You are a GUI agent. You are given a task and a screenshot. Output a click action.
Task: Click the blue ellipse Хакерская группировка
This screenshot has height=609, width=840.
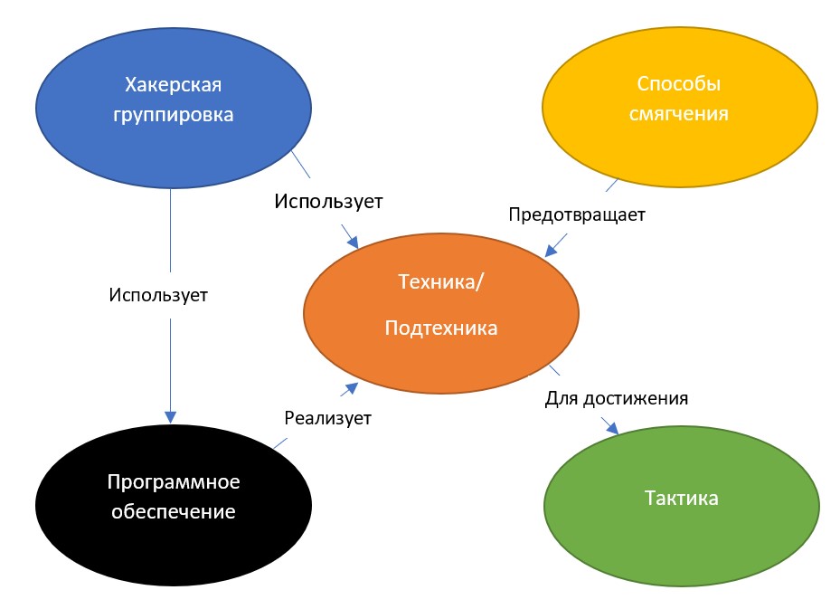point(173,108)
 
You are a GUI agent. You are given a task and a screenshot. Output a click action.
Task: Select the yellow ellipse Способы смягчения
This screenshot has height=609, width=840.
point(680,107)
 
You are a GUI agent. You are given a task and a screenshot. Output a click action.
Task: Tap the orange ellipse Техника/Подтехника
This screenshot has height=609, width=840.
point(441,313)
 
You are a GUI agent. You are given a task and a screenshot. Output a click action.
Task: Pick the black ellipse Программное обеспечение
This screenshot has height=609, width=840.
point(173,504)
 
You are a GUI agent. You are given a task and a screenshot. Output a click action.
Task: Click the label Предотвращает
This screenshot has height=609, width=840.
point(577,214)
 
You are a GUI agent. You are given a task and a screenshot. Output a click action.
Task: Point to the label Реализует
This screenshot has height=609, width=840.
point(327,418)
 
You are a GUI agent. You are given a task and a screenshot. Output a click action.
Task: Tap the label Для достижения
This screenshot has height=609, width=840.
point(616,398)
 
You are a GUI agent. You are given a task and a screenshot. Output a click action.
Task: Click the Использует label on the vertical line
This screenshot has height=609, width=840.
point(158,295)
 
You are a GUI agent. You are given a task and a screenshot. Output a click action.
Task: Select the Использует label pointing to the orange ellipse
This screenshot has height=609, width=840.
point(328,202)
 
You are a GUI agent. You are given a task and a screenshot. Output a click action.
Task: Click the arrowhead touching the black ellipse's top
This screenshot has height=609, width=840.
point(170,417)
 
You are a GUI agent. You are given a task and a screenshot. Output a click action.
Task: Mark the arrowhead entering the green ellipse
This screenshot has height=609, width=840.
point(612,428)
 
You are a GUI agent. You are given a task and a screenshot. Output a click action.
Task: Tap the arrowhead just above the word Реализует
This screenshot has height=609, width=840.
point(352,387)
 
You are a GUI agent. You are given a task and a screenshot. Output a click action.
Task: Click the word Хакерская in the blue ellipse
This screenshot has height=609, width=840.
point(173,85)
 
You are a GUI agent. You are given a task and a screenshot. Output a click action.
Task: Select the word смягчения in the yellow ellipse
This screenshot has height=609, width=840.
point(679,114)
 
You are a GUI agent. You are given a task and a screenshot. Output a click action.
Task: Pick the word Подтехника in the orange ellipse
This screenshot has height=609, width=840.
point(441,328)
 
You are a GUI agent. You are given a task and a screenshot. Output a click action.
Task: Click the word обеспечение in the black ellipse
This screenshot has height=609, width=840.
point(173,511)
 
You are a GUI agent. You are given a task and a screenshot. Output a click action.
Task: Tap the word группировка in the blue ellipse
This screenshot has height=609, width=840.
point(173,115)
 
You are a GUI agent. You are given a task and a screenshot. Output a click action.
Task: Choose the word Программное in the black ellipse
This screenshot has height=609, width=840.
point(174,482)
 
